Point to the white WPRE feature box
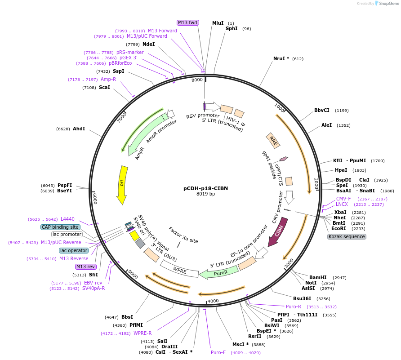179,271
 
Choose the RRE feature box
273,140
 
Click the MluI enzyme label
218,23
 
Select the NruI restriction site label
281,58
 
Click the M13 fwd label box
188,22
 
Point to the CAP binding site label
60,227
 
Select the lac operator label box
73,250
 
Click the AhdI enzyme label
79,129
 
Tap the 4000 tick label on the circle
213,301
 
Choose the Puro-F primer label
218,352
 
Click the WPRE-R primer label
143,333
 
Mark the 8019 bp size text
206,194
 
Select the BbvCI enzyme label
322,110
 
